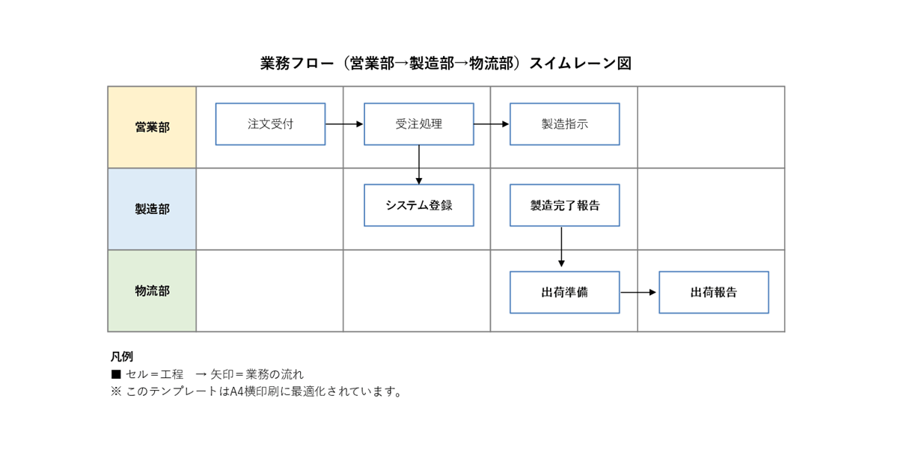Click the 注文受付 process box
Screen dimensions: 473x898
270,124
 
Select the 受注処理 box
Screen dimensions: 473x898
418,124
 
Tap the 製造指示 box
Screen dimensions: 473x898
564,124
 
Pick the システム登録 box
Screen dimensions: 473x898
418,205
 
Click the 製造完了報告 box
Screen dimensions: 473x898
564,205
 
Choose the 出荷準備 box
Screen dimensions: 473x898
564,292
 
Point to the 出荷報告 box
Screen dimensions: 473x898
713,292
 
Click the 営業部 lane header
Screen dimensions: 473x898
152,127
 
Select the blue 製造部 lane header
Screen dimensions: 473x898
152,209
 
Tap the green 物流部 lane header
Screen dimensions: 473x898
152,290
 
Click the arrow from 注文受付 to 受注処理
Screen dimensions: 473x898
344,123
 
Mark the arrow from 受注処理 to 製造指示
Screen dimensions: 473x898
492,123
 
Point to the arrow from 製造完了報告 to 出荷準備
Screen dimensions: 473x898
561,247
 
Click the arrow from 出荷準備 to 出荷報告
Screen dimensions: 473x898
638,292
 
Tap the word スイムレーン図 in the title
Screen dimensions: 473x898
580,64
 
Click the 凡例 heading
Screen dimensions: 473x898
121,356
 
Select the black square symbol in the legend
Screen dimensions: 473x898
116,374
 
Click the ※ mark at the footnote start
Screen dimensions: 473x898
116,391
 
